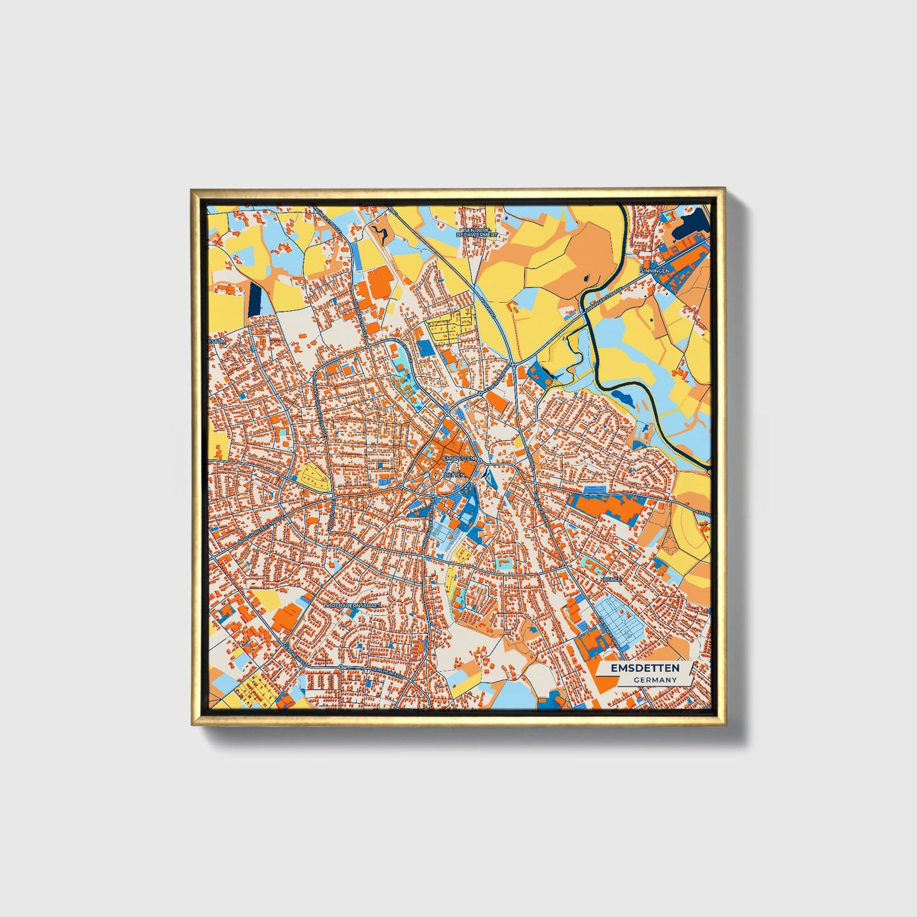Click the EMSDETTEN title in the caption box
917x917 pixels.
[645, 668]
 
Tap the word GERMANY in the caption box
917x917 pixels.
[655, 680]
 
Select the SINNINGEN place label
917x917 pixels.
[654, 270]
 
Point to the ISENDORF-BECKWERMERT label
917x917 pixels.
[477, 232]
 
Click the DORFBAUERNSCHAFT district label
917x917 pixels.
[352, 606]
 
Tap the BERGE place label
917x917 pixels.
[612, 579]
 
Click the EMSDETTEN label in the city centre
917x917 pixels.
[459, 458]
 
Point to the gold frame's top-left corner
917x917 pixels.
[193, 190]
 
